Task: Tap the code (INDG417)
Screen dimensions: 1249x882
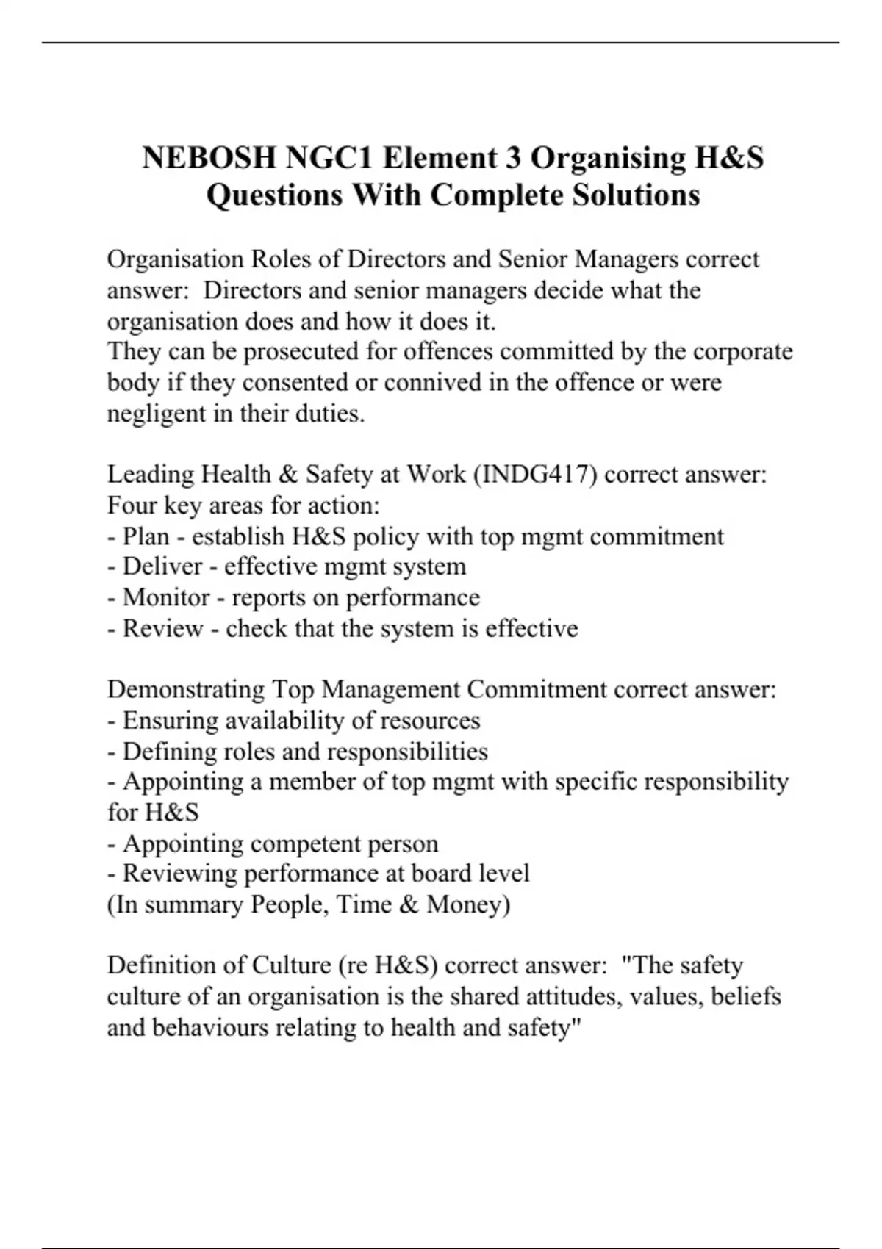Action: point(535,474)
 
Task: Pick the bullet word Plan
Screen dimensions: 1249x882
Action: point(146,536)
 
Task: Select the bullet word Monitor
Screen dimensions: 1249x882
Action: point(163,597)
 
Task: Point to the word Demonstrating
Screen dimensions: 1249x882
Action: point(186,689)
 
